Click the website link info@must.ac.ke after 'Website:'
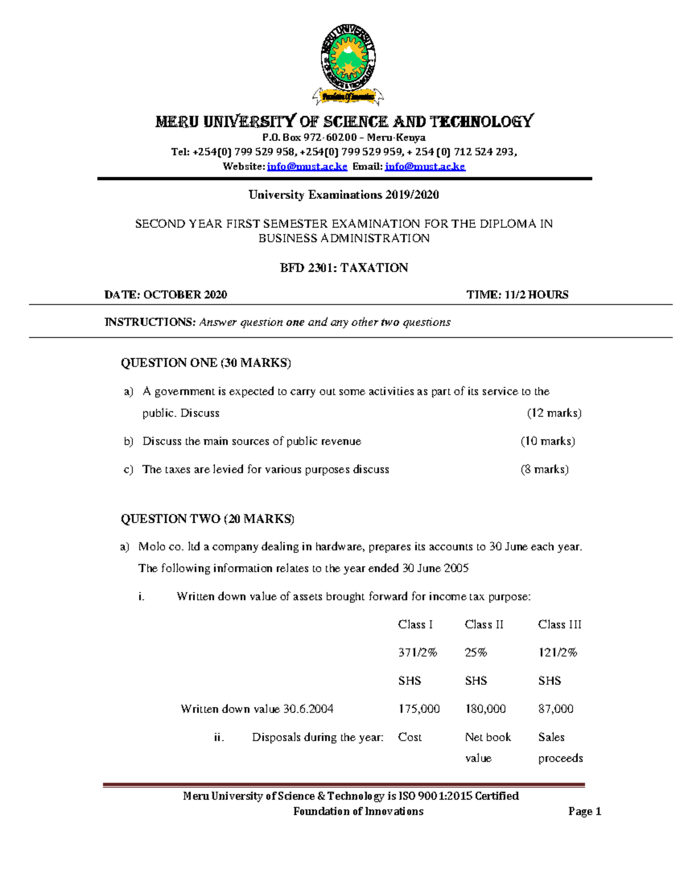[x=307, y=166]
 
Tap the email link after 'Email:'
[x=425, y=166]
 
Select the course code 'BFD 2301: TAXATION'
[x=344, y=268]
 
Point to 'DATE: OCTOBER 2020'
[x=165, y=295]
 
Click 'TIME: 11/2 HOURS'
[x=517, y=295]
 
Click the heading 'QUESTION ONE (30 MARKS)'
[x=206, y=363]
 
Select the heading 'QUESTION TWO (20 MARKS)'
[x=207, y=519]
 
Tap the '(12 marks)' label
[x=553, y=413]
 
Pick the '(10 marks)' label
[x=547, y=441]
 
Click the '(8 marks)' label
[x=544, y=470]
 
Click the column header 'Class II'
[x=484, y=625]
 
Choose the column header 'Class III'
[x=559, y=625]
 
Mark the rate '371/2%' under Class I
[x=417, y=652]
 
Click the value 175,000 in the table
[x=418, y=709]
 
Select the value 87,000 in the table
[x=555, y=709]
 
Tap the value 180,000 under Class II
[x=485, y=709]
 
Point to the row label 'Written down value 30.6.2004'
[x=256, y=709]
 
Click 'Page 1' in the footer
[x=584, y=811]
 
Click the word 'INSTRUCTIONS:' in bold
[x=150, y=322]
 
